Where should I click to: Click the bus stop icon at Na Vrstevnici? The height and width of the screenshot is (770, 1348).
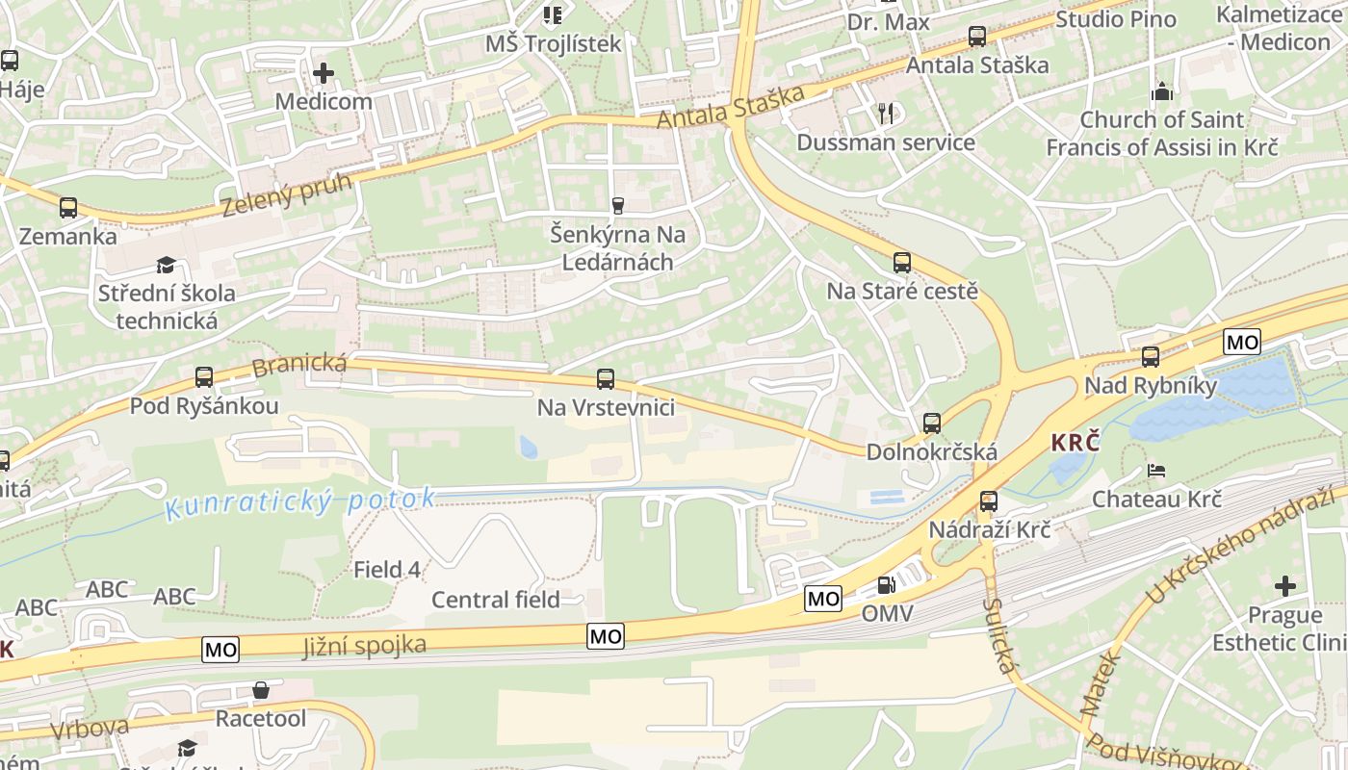pyautogui.click(x=606, y=379)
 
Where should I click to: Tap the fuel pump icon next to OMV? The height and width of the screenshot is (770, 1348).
pyautogui.click(x=886, y=584)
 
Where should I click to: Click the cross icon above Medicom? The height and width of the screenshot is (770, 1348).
pyautogui.click(x=324, y=72)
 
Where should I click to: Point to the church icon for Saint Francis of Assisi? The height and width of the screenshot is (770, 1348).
pyautogui.click(x=1162, y=92)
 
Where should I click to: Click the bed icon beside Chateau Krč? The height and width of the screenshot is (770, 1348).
pyautogui.click(x=1156, y=471)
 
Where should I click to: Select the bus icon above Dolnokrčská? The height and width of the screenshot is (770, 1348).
pyautogui.click(x=931, y=423)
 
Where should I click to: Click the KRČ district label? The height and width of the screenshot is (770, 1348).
pyautogui.click(x=1075, y=443)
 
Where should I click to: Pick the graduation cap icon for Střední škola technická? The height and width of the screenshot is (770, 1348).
pyautogui.click(x=167, y=265)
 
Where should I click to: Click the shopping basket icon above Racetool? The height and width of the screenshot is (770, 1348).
pyautogui.click(x=260, y=690)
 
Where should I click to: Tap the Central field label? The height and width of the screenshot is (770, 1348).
pyautogui.click(x=495, y=600)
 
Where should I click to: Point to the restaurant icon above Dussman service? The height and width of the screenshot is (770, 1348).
pyautogui.click(x=886, y=114)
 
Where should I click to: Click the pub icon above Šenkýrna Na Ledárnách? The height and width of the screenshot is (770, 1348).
pyautogui.click(x=617, y=205)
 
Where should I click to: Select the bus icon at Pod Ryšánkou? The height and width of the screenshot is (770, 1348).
pyautogui.click(x=204, y=377)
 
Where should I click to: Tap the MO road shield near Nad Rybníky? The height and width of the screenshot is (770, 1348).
pyautogui.click(x=1242, y=341)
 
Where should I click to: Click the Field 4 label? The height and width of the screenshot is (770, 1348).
pyautogui.click(x=386, y=569)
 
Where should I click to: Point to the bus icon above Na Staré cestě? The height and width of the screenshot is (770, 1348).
pyautogui.click(x=902, y=262)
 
